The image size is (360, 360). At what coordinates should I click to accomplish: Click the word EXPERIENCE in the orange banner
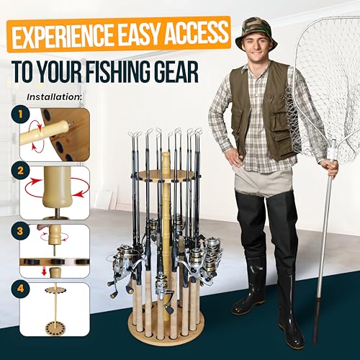pyautogui.click(x=63, y=36)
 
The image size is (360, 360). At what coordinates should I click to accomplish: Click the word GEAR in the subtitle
pyautogui.click(x=178, y=71)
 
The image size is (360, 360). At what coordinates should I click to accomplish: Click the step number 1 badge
pyautogui.click(x=20, y=114)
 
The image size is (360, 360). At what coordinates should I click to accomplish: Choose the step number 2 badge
pyautogui.click(x=20, y=171)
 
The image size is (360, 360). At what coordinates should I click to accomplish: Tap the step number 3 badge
pyautogui.click(x=20, y=231)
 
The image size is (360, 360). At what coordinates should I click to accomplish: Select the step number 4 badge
pyautogui.click(x=20, y=289)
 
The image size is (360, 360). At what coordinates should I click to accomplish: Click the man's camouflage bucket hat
pyautogui.click(x=256, y=33)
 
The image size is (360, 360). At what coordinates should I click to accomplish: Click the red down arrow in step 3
pyautogui.click(x=44, y=271)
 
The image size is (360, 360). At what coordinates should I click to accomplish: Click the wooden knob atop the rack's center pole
pyautogui.click(x=166, y=161)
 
